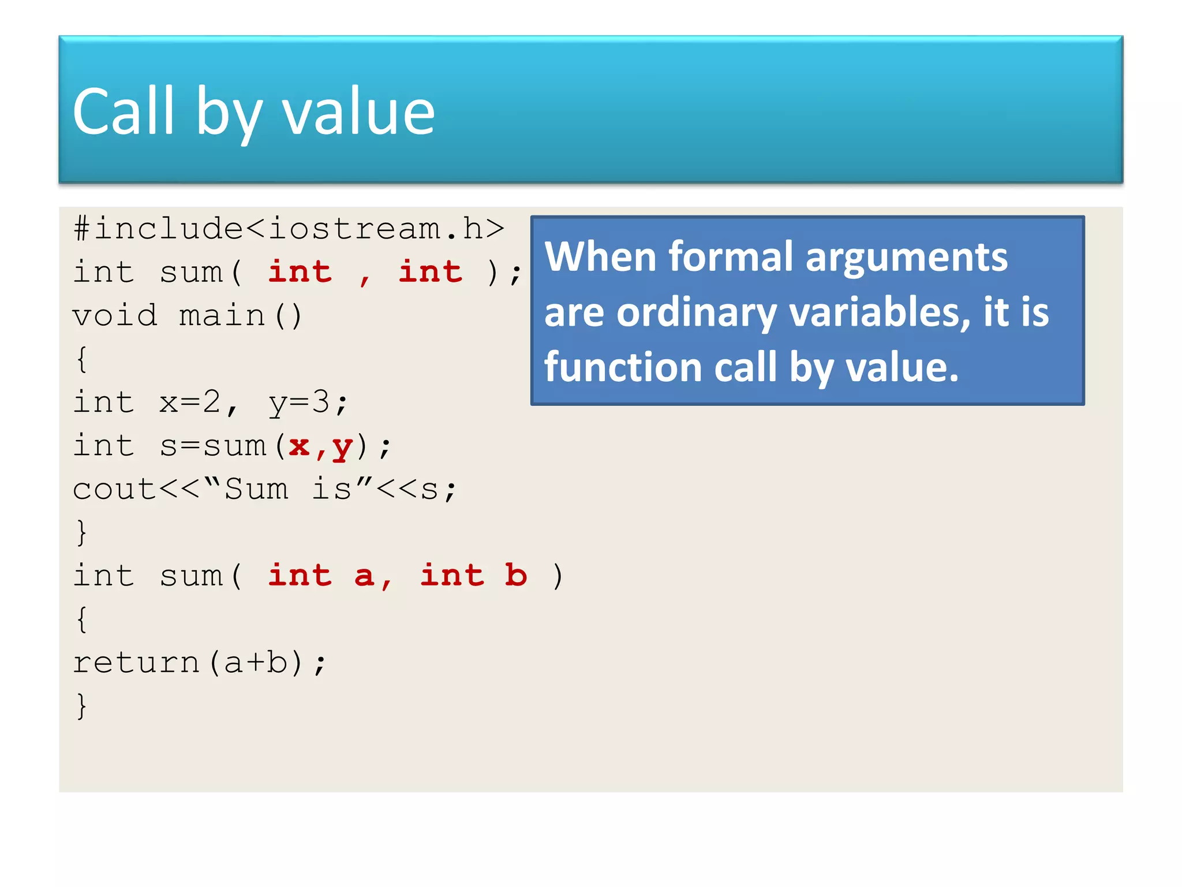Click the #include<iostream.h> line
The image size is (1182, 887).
289,229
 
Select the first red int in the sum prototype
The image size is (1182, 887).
300,272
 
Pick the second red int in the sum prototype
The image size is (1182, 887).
431,272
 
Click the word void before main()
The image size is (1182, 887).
115,316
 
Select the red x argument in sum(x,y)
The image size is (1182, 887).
299,446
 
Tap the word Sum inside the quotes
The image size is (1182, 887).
256,489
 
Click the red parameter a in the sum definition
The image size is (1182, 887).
364,576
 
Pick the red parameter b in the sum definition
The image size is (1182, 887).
515,575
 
